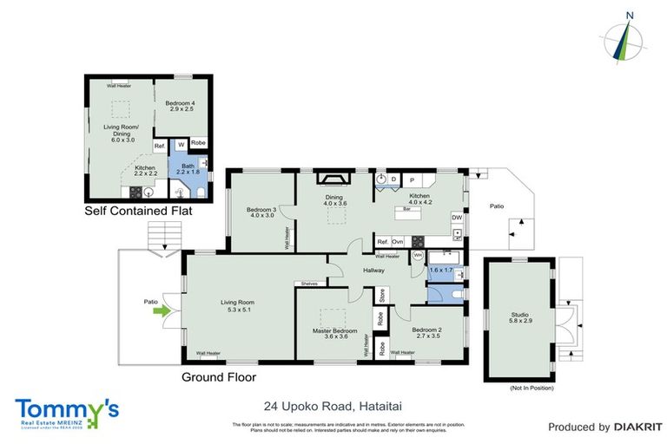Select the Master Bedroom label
pyautogui.click(x=335, y=332)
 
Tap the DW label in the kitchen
pyautogui.click(x=455, y=217)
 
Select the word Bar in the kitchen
pyautogui.click(x=406, y=209)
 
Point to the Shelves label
pyautogui.click(x=309, y=283)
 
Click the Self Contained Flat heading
pyautogui.click(x=137, y=211)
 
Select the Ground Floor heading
pyautogui.click(x=218, y=377)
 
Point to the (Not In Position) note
pyautogui.click(x=532, y=388)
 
